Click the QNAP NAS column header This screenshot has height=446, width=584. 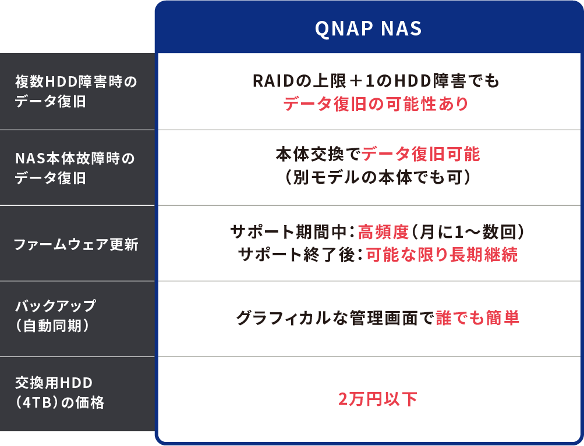(x=369, y=28)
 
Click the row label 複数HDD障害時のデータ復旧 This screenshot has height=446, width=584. (x=76, y=91)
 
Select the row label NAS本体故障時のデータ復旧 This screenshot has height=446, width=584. (x=75, y=168)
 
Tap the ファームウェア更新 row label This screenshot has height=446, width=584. (x=76, y=244)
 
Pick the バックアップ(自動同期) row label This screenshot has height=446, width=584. (x=55, y=316)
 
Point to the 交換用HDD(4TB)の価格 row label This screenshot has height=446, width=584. (x=59, y=393)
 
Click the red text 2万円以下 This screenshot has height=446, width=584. (x=378, y=399)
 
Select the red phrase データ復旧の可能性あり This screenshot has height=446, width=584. (x=376, y=104)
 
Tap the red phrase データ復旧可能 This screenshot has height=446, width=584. (x=420, y=154)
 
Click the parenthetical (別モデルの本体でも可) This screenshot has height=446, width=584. (x=378, y=177)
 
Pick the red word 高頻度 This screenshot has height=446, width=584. (x=383, y=232)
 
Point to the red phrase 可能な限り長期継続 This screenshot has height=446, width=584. (x=442, y=255)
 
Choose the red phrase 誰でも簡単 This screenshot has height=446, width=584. (x=477, y=318)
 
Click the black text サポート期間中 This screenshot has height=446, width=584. (x=289, y=232)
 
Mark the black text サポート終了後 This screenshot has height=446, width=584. (x=296, y=255)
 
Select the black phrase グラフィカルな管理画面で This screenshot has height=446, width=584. (x=335, y=318)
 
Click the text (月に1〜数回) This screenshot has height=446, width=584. (x=467, y=232)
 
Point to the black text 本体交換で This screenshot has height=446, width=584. (x=318, y=154)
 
